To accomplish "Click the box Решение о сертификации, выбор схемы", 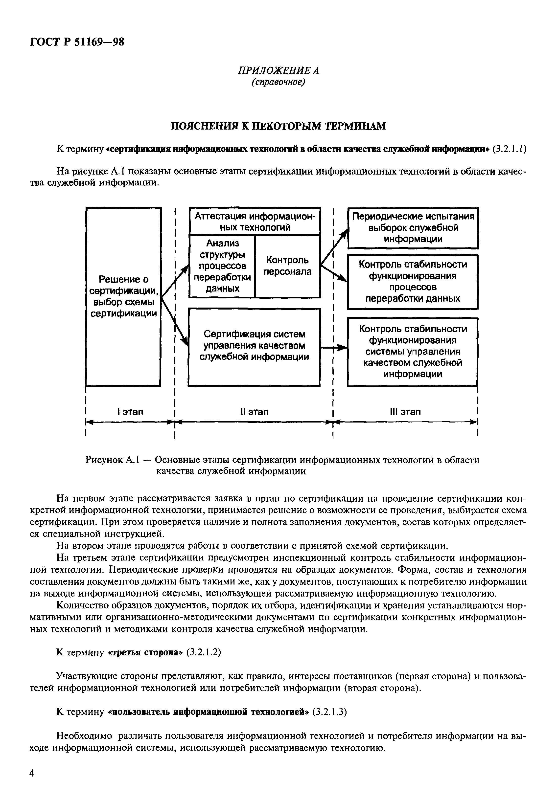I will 123,296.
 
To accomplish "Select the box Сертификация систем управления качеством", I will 254,346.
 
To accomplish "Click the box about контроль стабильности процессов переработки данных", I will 412,282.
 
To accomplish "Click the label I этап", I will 130,412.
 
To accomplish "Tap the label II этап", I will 254,412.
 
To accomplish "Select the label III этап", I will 405,412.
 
